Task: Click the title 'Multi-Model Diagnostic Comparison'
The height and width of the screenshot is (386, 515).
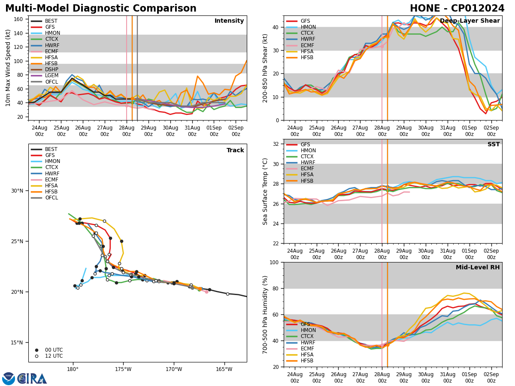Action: [x=101, y=9]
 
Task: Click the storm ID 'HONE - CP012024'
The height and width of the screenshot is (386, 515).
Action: [x=457, y=9]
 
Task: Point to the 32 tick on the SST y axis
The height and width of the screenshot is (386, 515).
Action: [x=277, y=144]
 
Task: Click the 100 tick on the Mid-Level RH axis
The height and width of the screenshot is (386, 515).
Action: [x=275, y=262]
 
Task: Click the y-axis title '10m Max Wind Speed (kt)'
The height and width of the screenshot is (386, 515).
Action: [x=8, y=68]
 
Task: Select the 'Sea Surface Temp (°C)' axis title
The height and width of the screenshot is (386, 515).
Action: [x=266, y=191]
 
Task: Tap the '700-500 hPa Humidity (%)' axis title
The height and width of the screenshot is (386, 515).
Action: [x=266, y=314]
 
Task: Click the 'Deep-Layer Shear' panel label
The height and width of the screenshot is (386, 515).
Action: [x=470, y=21]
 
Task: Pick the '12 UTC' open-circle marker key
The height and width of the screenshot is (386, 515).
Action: [x=54, y=356]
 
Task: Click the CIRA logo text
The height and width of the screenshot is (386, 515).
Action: [x=32, y=379]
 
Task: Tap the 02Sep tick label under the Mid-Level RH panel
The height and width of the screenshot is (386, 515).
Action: [x=491, y=375]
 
